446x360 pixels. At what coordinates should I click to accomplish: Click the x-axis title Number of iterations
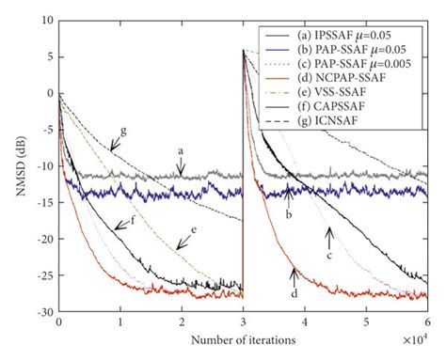point(245,339)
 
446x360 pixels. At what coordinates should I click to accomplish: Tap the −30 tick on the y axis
point(40,311)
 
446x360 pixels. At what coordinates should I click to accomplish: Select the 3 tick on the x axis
point(243,322)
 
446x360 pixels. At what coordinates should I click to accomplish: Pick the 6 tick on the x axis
point(427,322)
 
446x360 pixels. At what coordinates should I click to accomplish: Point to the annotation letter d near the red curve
point(295,296)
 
